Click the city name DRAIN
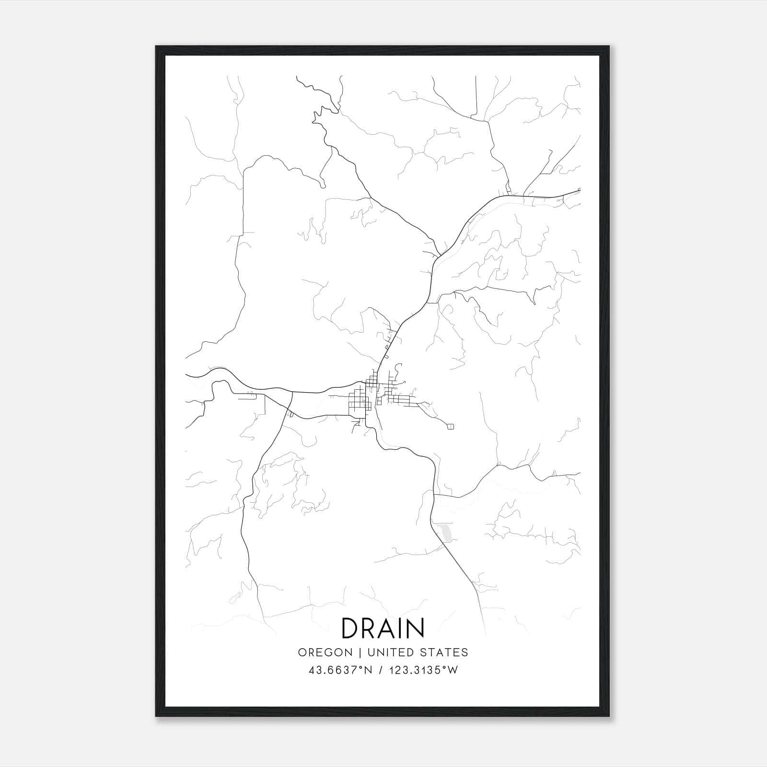click(x=383, y=628)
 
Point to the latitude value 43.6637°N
click(x=340, y=670)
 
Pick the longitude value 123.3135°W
click(x=423, y=670)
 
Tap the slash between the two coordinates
click(x=381, y=670)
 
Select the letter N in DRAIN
click(x=416, y=628)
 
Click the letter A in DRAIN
click(x=386, y=628)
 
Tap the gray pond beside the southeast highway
click(x=445, y=533)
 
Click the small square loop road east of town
click(x=450, y=426)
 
